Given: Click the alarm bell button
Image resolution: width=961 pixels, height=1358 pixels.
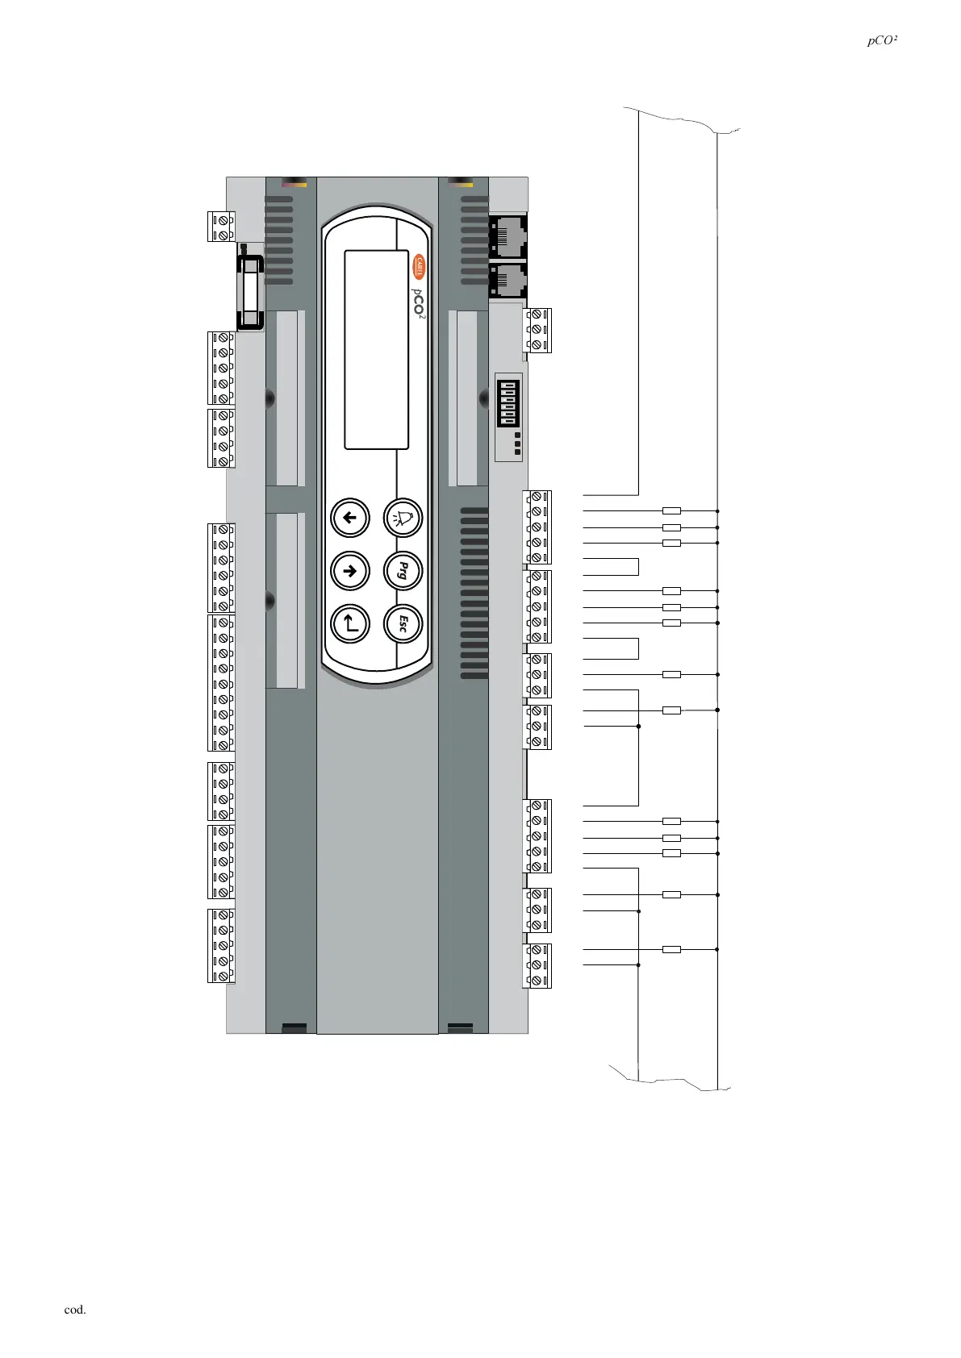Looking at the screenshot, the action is (403, 518).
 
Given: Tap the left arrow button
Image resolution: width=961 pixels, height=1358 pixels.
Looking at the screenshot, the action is (350, 518).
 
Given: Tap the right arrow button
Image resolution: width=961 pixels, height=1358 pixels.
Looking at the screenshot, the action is (350, 570).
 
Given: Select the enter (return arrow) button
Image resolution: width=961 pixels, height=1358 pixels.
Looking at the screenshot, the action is (350, 623).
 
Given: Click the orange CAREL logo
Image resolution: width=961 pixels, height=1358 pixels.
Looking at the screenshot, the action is (419, 267).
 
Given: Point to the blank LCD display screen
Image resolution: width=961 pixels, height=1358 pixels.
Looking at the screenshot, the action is (376, 349).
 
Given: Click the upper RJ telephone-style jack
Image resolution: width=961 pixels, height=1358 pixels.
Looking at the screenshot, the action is (508, 235).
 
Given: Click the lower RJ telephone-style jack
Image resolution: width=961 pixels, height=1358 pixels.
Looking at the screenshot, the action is (508, 280).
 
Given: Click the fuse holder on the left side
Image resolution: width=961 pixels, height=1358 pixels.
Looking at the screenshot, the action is (250, 292).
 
